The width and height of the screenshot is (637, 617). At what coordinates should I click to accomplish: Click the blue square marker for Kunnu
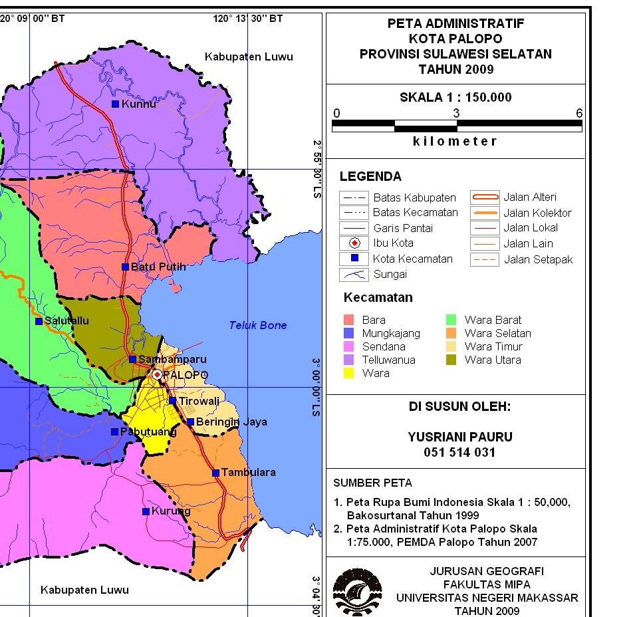tap(115, 104)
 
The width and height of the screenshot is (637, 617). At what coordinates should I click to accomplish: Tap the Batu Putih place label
tap(158, 267)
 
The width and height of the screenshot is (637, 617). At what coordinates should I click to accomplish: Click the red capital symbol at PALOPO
tap(157, 375)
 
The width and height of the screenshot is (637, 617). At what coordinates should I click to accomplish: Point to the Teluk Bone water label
tap(258, 325)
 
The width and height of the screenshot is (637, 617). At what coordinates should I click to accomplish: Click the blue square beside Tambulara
tap(215, 473)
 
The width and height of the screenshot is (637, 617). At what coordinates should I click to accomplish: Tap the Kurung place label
tap(171, 511)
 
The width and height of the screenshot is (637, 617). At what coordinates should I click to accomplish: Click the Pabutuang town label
tap(148, 432)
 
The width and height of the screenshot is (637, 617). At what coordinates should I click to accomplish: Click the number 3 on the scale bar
tap(456, 113)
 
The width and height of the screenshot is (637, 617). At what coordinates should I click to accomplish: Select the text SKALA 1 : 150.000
tap(455, 98)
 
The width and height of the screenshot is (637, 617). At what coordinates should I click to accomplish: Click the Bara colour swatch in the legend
tap(349, 320)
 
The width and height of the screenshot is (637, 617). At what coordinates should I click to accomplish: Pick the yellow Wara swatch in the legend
tap(349, 373)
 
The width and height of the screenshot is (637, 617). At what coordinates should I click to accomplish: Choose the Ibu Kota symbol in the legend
tap(354, 243)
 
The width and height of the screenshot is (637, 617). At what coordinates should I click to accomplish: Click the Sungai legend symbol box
tap(354, 274)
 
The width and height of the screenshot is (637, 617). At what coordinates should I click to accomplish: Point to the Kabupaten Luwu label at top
tap(249, 57)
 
